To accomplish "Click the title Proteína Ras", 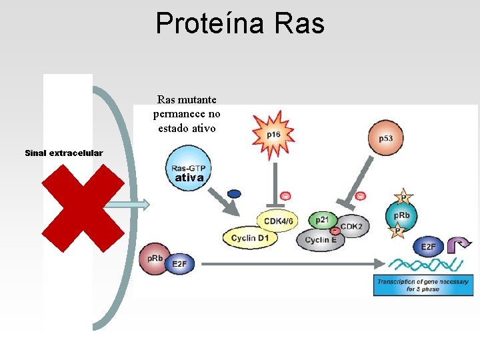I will pyautogui.click(x=240, y=23).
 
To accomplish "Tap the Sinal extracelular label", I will pyautogui.click(x=64, y=153).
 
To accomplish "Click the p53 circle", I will pyautogui.click(x=385, y=138).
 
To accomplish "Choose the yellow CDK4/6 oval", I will pyautogui.click(x=278, y=220).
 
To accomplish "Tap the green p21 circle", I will pyautogui.click(x=322, y=221).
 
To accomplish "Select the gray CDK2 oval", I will pyautogui.click(x=352, y=226).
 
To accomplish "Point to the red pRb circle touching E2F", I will pyautogui.click(x=153, y=259).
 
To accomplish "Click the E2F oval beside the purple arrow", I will pyautogui.click(x=428, y=247).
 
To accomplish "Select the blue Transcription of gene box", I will pyautogui.click(x=423, y=285).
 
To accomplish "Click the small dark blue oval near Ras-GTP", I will pyautogui.click(x=234, y=194).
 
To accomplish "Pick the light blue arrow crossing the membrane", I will pyautogui.click(x=127, y=205).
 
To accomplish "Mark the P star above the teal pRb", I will pyautogui.click(x=402, y=197).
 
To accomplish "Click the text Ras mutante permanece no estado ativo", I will pyautogui.click(x=187, y=114).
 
